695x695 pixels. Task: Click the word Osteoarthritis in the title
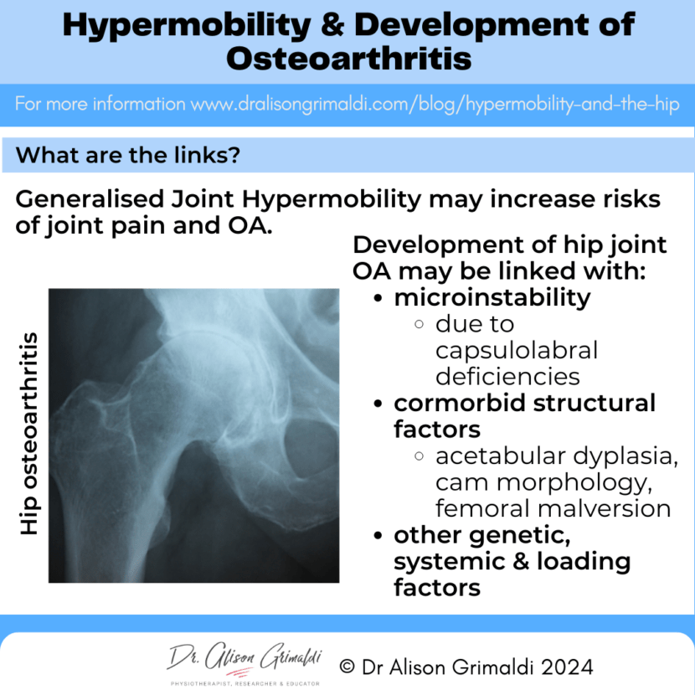pos(347,58)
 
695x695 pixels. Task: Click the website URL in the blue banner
pos(435,106)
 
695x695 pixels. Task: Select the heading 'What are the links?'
pos(130,155)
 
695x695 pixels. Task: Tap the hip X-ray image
pos(193,435)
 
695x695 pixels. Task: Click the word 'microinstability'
pos(492,296)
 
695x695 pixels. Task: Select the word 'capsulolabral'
pos(517,350)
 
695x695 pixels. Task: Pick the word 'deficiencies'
pos(507,376)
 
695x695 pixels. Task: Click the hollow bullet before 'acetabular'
pos(420,456)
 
